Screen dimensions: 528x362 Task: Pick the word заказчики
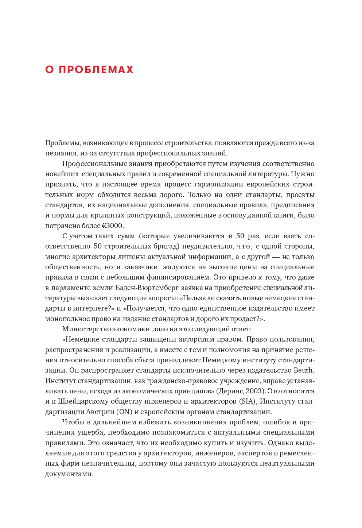coord(140,267)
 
